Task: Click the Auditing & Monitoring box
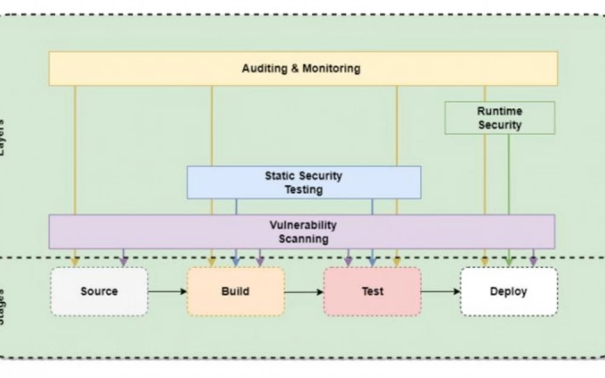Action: pos(302,68)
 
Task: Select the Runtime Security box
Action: pos(500,118)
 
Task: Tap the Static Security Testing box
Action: pos(304,183)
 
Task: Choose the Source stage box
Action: pos(99,292)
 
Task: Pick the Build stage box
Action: pos(235,292)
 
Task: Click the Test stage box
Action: pos(372,292)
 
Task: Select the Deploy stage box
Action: pos(508,292)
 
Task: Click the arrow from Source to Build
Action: pos(168,292)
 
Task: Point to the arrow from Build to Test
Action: pos(304,292)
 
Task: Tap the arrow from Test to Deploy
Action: pos(440,292)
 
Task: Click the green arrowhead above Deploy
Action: pos(509,261)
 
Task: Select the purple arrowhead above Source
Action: pos(123,261)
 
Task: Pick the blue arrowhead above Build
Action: pos(236,261)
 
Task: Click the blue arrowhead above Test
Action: pos(373,261)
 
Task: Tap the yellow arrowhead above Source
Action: pos(75,261)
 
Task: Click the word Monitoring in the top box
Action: pos(332,68)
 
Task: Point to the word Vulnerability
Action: pos(303,225)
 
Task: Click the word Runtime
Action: pos(500,111)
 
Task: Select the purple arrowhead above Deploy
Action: pos(533,261)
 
